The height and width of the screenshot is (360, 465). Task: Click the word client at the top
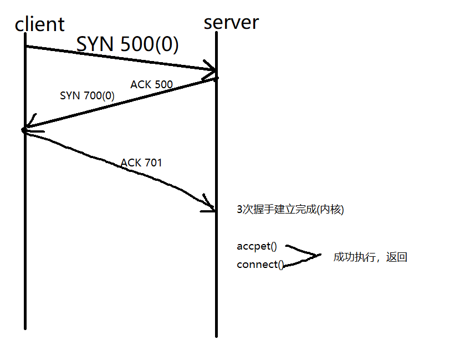pos(39,24)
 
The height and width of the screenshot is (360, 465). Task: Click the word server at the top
pos(231,22)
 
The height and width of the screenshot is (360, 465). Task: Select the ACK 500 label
pos(151,85)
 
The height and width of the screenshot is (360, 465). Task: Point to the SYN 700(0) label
pos(87,96)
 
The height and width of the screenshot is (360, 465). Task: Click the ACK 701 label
pos(141,163)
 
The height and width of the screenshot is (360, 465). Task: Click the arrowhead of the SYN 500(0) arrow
pos(213,69)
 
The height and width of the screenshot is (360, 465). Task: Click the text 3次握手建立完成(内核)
pos(290,210)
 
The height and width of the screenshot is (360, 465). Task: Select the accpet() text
pos(256,246)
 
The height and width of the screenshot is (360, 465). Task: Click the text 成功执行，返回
pos(370,257)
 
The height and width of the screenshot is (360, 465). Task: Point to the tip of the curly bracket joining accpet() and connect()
pos(320,256)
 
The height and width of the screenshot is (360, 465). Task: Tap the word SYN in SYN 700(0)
pos(70,96)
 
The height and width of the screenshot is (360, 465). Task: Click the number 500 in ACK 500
pos(163,85)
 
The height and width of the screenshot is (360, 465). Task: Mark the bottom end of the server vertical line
pos(216,335)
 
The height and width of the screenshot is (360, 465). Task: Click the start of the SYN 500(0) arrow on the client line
pos(26,47)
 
